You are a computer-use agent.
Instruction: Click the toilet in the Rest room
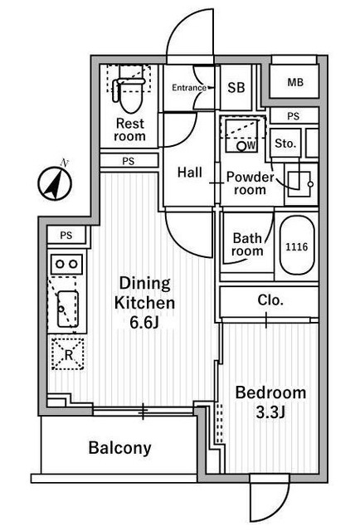[x=129, y=90]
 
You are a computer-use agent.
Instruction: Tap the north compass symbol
[x=55, y=183]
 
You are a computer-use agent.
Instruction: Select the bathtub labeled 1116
[x=297, y=246]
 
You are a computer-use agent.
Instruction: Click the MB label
[x=295, y=82]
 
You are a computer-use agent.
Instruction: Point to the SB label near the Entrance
[x=236, y=88]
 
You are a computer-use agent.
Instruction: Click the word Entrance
[x=189, y=88]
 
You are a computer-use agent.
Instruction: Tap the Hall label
[x=190, y=173]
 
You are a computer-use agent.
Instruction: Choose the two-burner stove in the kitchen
[x=66, y=264]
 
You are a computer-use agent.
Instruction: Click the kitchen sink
[x=68, y=309]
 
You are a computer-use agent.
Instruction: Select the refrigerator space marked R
[x=68, y=353]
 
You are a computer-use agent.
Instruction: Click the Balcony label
[x=120, y=448]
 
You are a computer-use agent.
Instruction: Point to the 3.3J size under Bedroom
[x=270, y=412]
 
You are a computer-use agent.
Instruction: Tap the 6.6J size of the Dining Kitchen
[x=144, y=323]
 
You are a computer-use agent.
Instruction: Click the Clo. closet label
[x=270, y=300]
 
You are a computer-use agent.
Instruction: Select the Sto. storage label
[x=285, y=144]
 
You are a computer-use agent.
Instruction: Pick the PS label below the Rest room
[x=128, y=162]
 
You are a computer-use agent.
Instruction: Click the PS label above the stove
[x=66, y=235]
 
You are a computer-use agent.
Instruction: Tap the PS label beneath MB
[x=294, y=116]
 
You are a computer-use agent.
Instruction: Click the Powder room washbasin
[x=299, y=184]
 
